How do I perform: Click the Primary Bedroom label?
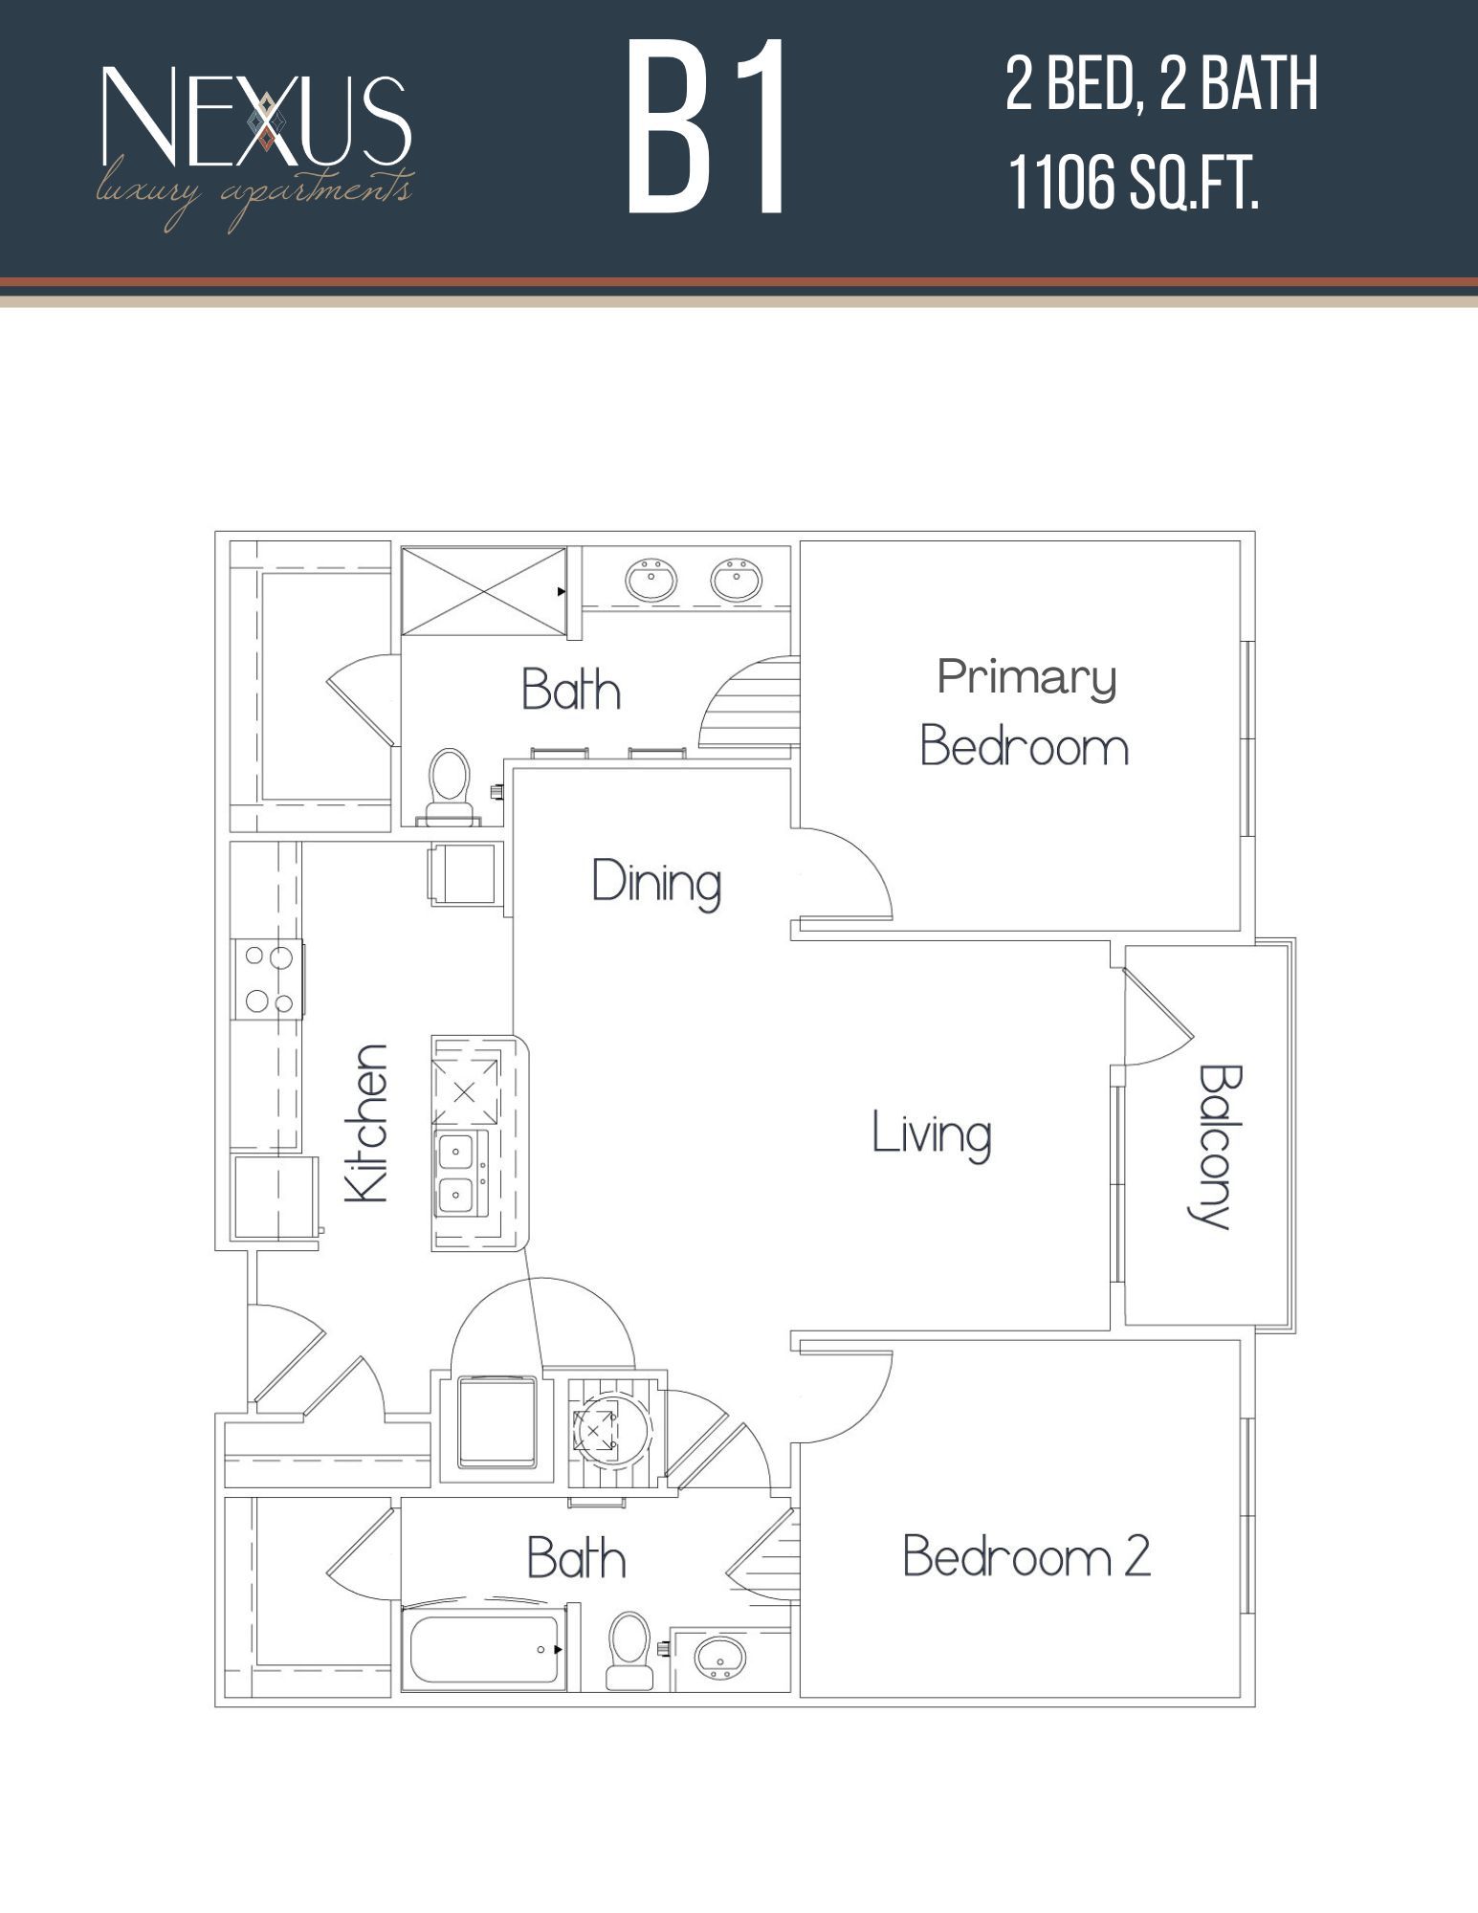click(1025, 713)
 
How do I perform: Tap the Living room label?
click(931, 1135)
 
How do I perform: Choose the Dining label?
click(656, 882)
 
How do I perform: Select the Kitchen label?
click(367, 1123)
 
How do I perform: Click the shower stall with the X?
click(483, 590)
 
